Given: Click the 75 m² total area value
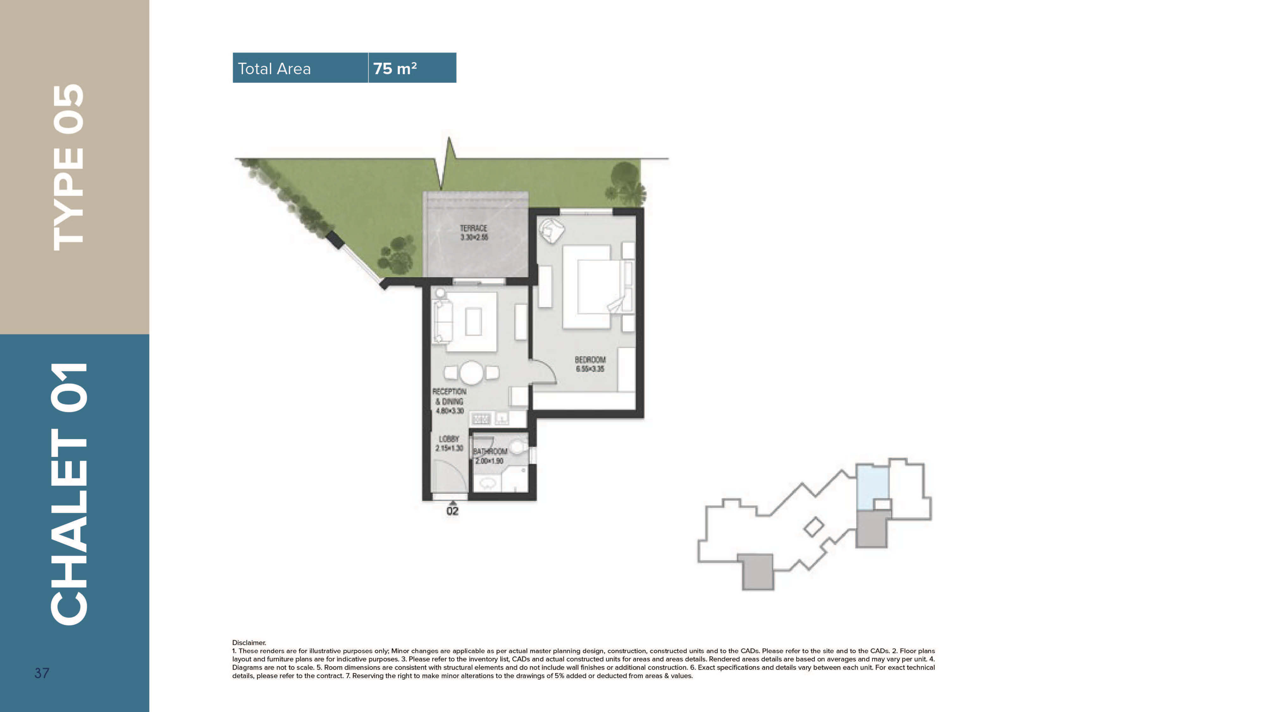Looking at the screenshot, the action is (395, 68).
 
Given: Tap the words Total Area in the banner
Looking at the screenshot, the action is (274, 69).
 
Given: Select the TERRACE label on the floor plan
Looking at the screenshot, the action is (473, 228).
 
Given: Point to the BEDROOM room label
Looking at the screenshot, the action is (590, 360).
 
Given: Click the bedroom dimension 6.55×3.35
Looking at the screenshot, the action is (590, 369).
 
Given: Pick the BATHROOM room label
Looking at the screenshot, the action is (490, 451).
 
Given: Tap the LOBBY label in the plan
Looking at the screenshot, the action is (449, 439).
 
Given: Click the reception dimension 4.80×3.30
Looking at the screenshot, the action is (449, 410).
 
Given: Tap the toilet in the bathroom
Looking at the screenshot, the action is (518, 446).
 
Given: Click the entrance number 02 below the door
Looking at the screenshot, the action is (452, 511).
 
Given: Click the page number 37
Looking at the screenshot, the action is (42, 673).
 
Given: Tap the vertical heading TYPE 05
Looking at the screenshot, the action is (69, 168).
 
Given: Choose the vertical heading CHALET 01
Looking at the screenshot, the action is (69, 494).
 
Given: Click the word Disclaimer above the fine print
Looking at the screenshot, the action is (249, 642).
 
